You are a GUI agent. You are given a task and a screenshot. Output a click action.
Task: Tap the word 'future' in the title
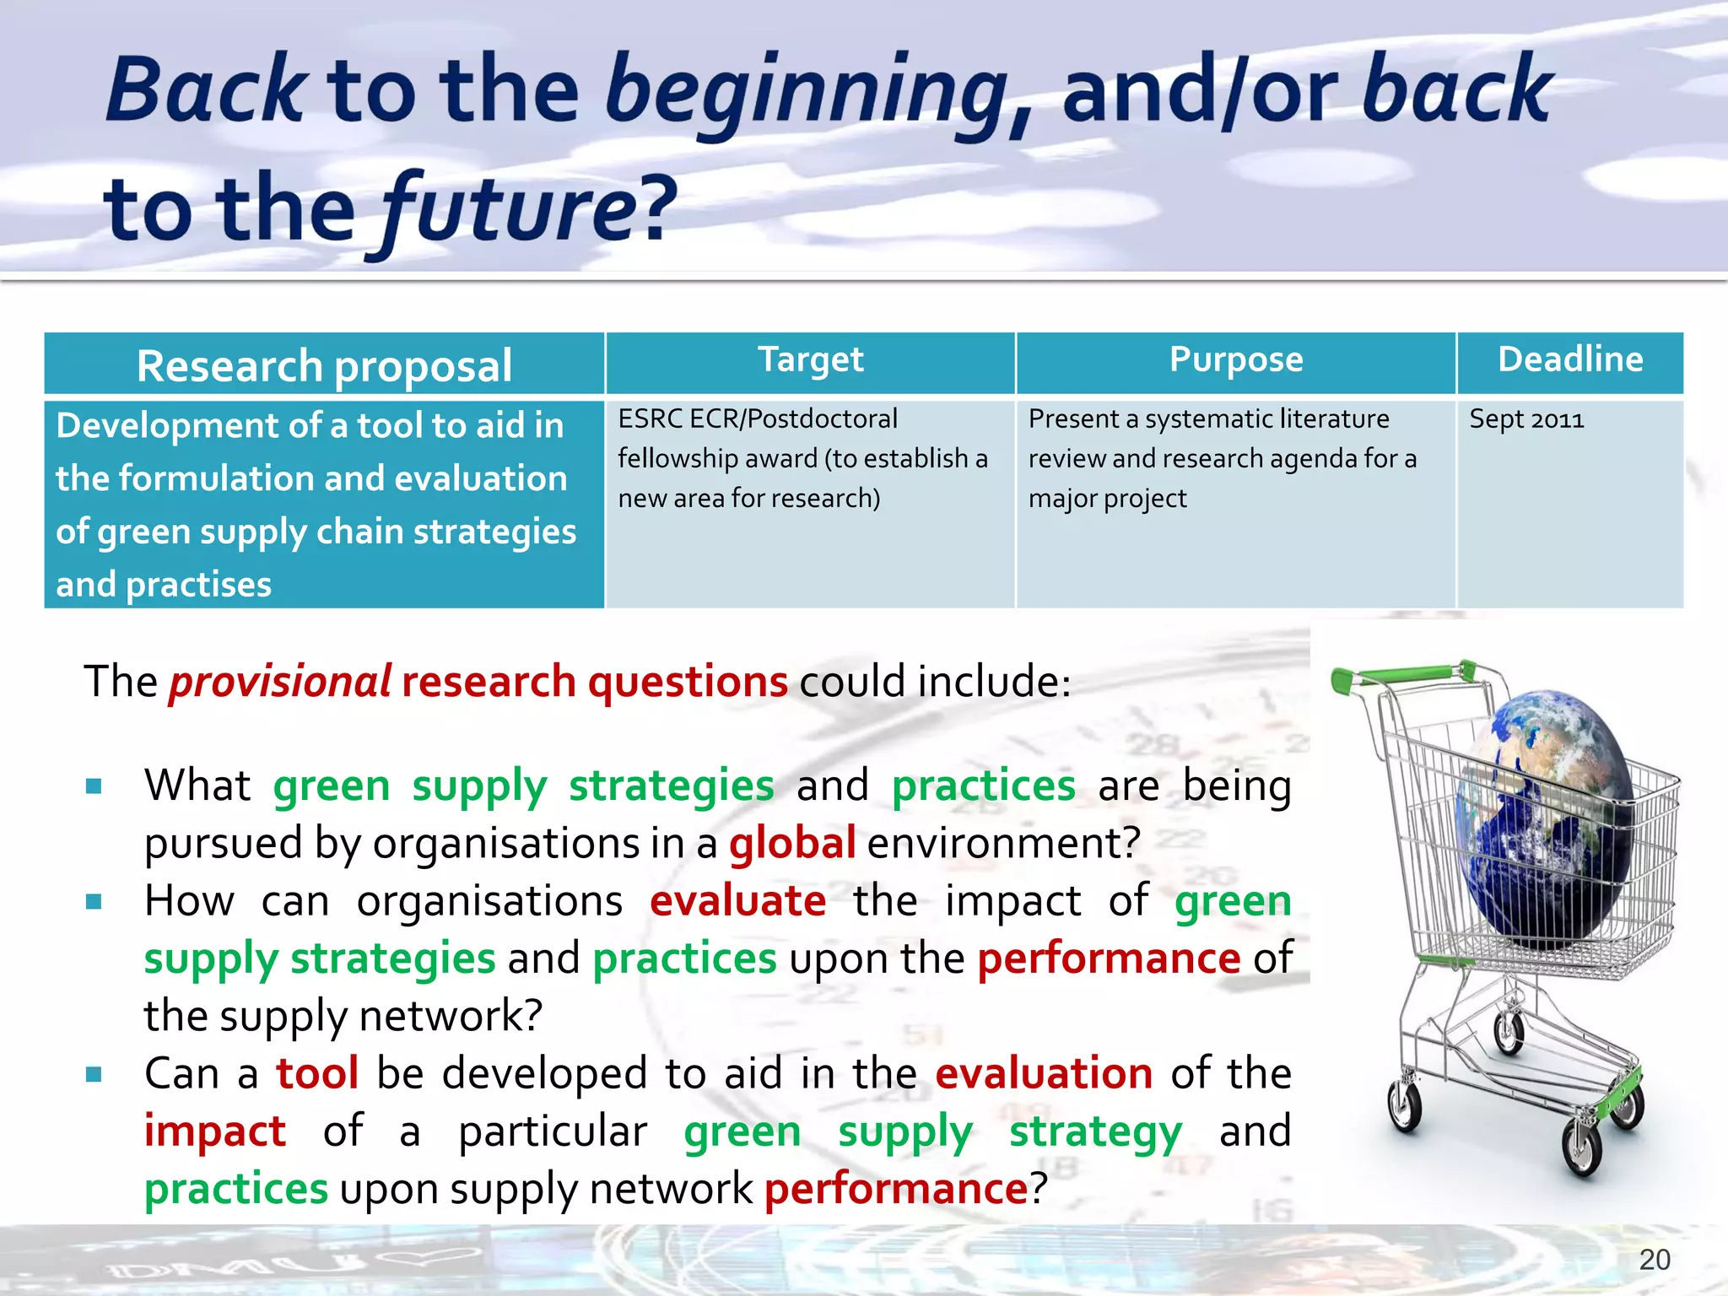[x=506, y=209]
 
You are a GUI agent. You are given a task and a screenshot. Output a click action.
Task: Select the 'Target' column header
[x=810, y=360]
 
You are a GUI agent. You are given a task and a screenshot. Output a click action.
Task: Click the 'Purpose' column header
[x=1235, y=360]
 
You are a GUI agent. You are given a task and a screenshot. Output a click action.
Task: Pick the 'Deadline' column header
[x=1569, y=360]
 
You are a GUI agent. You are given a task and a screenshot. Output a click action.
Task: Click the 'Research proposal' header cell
[x=324, y=365]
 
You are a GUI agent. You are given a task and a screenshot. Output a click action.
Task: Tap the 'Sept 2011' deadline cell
[x=1525, y=419]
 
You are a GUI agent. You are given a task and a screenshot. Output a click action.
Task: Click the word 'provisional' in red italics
[x=279, y=682]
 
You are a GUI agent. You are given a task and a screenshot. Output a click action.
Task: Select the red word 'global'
[x=792, y=843]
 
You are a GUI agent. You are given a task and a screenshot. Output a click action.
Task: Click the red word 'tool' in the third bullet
[x=317, y=1073]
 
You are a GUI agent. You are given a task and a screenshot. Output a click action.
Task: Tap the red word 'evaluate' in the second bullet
[x=737, y=900]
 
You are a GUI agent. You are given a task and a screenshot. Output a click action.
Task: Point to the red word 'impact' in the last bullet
[x=215, y=1131]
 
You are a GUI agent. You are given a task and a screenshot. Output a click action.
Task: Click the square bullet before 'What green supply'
[x=94, y=787]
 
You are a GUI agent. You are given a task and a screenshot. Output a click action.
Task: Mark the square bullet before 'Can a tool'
[x=94, y=1075]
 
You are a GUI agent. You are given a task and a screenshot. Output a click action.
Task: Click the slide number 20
[x=1654, y=1260]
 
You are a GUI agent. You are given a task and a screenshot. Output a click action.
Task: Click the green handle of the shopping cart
[x=1401, y=676]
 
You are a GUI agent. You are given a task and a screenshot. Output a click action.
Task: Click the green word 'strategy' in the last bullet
[x=1095, y=1132]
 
